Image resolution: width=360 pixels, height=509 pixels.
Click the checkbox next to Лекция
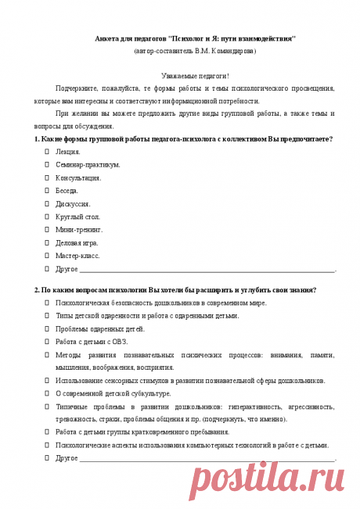(47, 151)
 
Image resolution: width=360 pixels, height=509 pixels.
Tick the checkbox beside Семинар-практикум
(47, 164)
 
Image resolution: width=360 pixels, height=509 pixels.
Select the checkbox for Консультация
(47, 177)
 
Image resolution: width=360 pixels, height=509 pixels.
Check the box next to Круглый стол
(47, 217)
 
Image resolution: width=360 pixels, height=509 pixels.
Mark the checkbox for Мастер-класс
(47, 256)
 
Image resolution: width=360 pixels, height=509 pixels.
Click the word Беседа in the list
(67, 190)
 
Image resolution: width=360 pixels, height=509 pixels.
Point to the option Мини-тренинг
(80, 230)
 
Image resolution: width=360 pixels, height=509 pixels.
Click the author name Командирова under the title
(228, 51)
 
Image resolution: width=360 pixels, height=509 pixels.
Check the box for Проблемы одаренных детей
(47, 328)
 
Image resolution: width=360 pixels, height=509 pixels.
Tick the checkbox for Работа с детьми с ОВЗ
(47, 342)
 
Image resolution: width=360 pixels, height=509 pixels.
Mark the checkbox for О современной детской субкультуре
(47, 393)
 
